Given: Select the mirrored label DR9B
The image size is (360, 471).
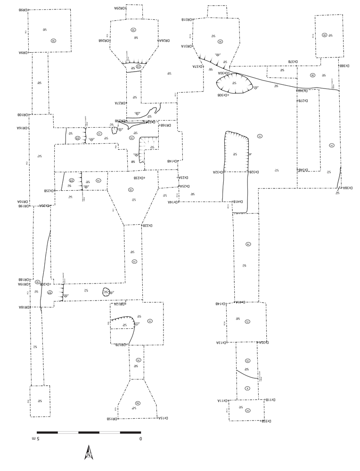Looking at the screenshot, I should point(23,9).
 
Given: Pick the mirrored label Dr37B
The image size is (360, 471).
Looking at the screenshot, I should point(293,62).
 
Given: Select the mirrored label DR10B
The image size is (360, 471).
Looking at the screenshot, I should point(24,114).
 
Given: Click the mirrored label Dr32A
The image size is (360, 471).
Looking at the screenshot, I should point(218,172).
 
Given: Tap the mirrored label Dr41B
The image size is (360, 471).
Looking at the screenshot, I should point(238,202).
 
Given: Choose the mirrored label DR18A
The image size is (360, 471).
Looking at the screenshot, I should point(25,307).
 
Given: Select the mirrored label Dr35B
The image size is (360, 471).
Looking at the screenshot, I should point(266,421).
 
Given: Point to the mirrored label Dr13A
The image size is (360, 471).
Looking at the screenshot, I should point(221,343).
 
